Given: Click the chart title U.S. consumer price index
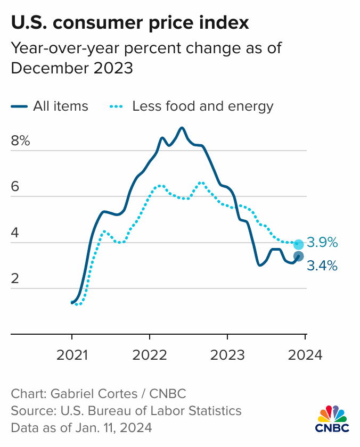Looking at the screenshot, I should (x=129, y=23).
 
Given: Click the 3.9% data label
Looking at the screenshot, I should (x=323, y=243).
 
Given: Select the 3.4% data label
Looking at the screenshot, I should (x=323, y=266).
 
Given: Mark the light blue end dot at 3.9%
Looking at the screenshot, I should (x=299, y=244).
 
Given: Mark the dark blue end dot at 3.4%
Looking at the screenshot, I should (x=299, y=256).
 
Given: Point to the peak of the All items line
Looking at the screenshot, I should (x=182, y=128).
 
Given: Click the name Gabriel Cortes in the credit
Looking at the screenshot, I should (x=88, y=394).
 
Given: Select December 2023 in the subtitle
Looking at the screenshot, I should (x=71, y=69).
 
